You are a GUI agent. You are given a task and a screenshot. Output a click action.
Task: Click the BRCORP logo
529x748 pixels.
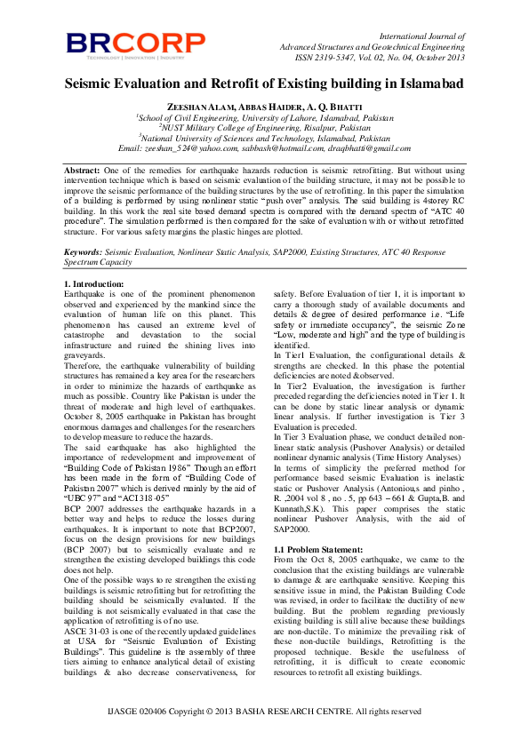(x=136, y=44)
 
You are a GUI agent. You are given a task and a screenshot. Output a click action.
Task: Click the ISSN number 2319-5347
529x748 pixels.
(x=331, y=58)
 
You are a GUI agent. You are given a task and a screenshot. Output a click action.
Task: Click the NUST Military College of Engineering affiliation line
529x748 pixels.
(x=264, y=127)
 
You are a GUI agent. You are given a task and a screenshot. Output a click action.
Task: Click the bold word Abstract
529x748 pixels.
(x=82, y=169)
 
